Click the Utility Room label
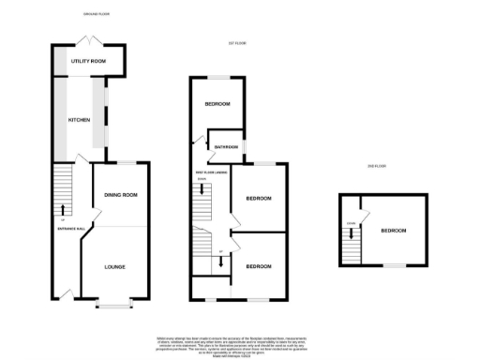coord(88,61)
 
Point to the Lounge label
coord(114,267)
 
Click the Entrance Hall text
coord(61,228)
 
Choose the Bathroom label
coord(226,147)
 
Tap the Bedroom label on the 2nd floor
coord(393,230)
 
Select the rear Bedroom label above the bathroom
coord(217,103)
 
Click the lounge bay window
coord(115,304)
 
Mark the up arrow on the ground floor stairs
coord(63,209)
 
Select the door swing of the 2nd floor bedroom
coord(364,205)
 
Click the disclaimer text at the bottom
coord(240,344)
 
